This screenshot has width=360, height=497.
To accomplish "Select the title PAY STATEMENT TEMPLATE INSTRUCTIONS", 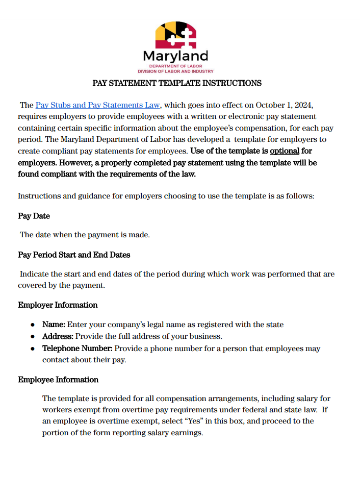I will [x=177, y=83].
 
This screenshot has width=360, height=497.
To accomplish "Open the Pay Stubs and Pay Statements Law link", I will [x=98, y=105].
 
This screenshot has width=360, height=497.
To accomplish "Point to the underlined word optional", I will [x=284, y=151].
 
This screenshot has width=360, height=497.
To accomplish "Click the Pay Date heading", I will [x=34, y=216].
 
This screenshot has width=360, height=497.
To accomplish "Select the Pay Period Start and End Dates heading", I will [x=74, y=255].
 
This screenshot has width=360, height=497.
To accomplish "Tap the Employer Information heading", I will [x=58, y=305].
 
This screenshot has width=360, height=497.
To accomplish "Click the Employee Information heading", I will [x=58, y=380].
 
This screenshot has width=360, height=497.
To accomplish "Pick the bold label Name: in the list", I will [x=54, y=325].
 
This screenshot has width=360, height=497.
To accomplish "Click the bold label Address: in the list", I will [x=58, y=337].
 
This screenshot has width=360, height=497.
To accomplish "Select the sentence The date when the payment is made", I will [x=85, y=235].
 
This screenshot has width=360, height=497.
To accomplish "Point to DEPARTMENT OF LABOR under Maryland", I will [x=175, y=66].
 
